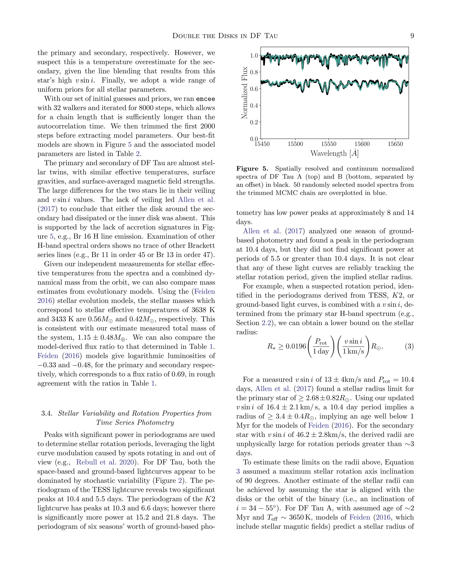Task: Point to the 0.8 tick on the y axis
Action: click(254, 72)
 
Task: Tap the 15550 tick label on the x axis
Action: click(329, 144)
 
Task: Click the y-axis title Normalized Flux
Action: click(244, 93)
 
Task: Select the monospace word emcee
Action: click(205, 99)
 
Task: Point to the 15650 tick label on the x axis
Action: click(395, 144)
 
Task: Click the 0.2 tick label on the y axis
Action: click(254, 122)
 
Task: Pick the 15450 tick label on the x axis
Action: click(262, 144)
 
